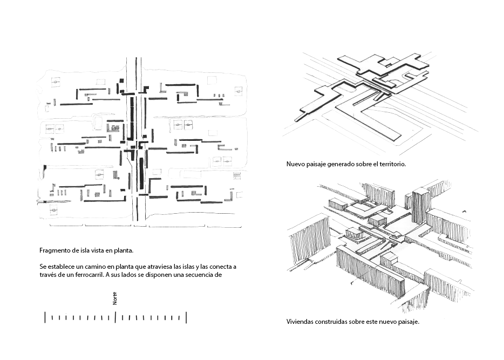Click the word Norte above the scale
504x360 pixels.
point(115,298)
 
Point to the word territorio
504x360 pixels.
point(392,164)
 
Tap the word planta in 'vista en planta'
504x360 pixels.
point(124,251)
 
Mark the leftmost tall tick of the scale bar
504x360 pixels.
point(45,317)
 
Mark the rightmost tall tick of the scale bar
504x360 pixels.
point(186,317)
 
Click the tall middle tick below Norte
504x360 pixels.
point(115,317)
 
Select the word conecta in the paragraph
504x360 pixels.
point(221,267)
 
